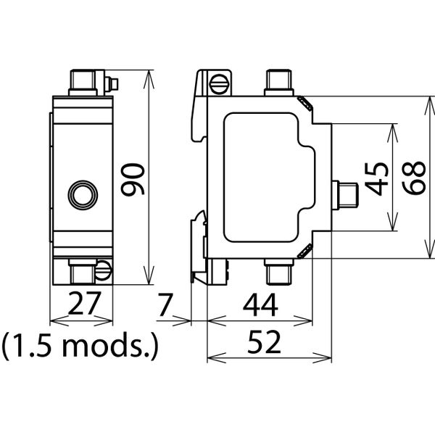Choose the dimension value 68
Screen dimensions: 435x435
(413, 178)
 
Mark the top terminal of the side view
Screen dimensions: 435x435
(277, 81)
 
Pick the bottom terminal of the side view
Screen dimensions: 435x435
(277, 272)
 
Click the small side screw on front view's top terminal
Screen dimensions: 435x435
(110, 83)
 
